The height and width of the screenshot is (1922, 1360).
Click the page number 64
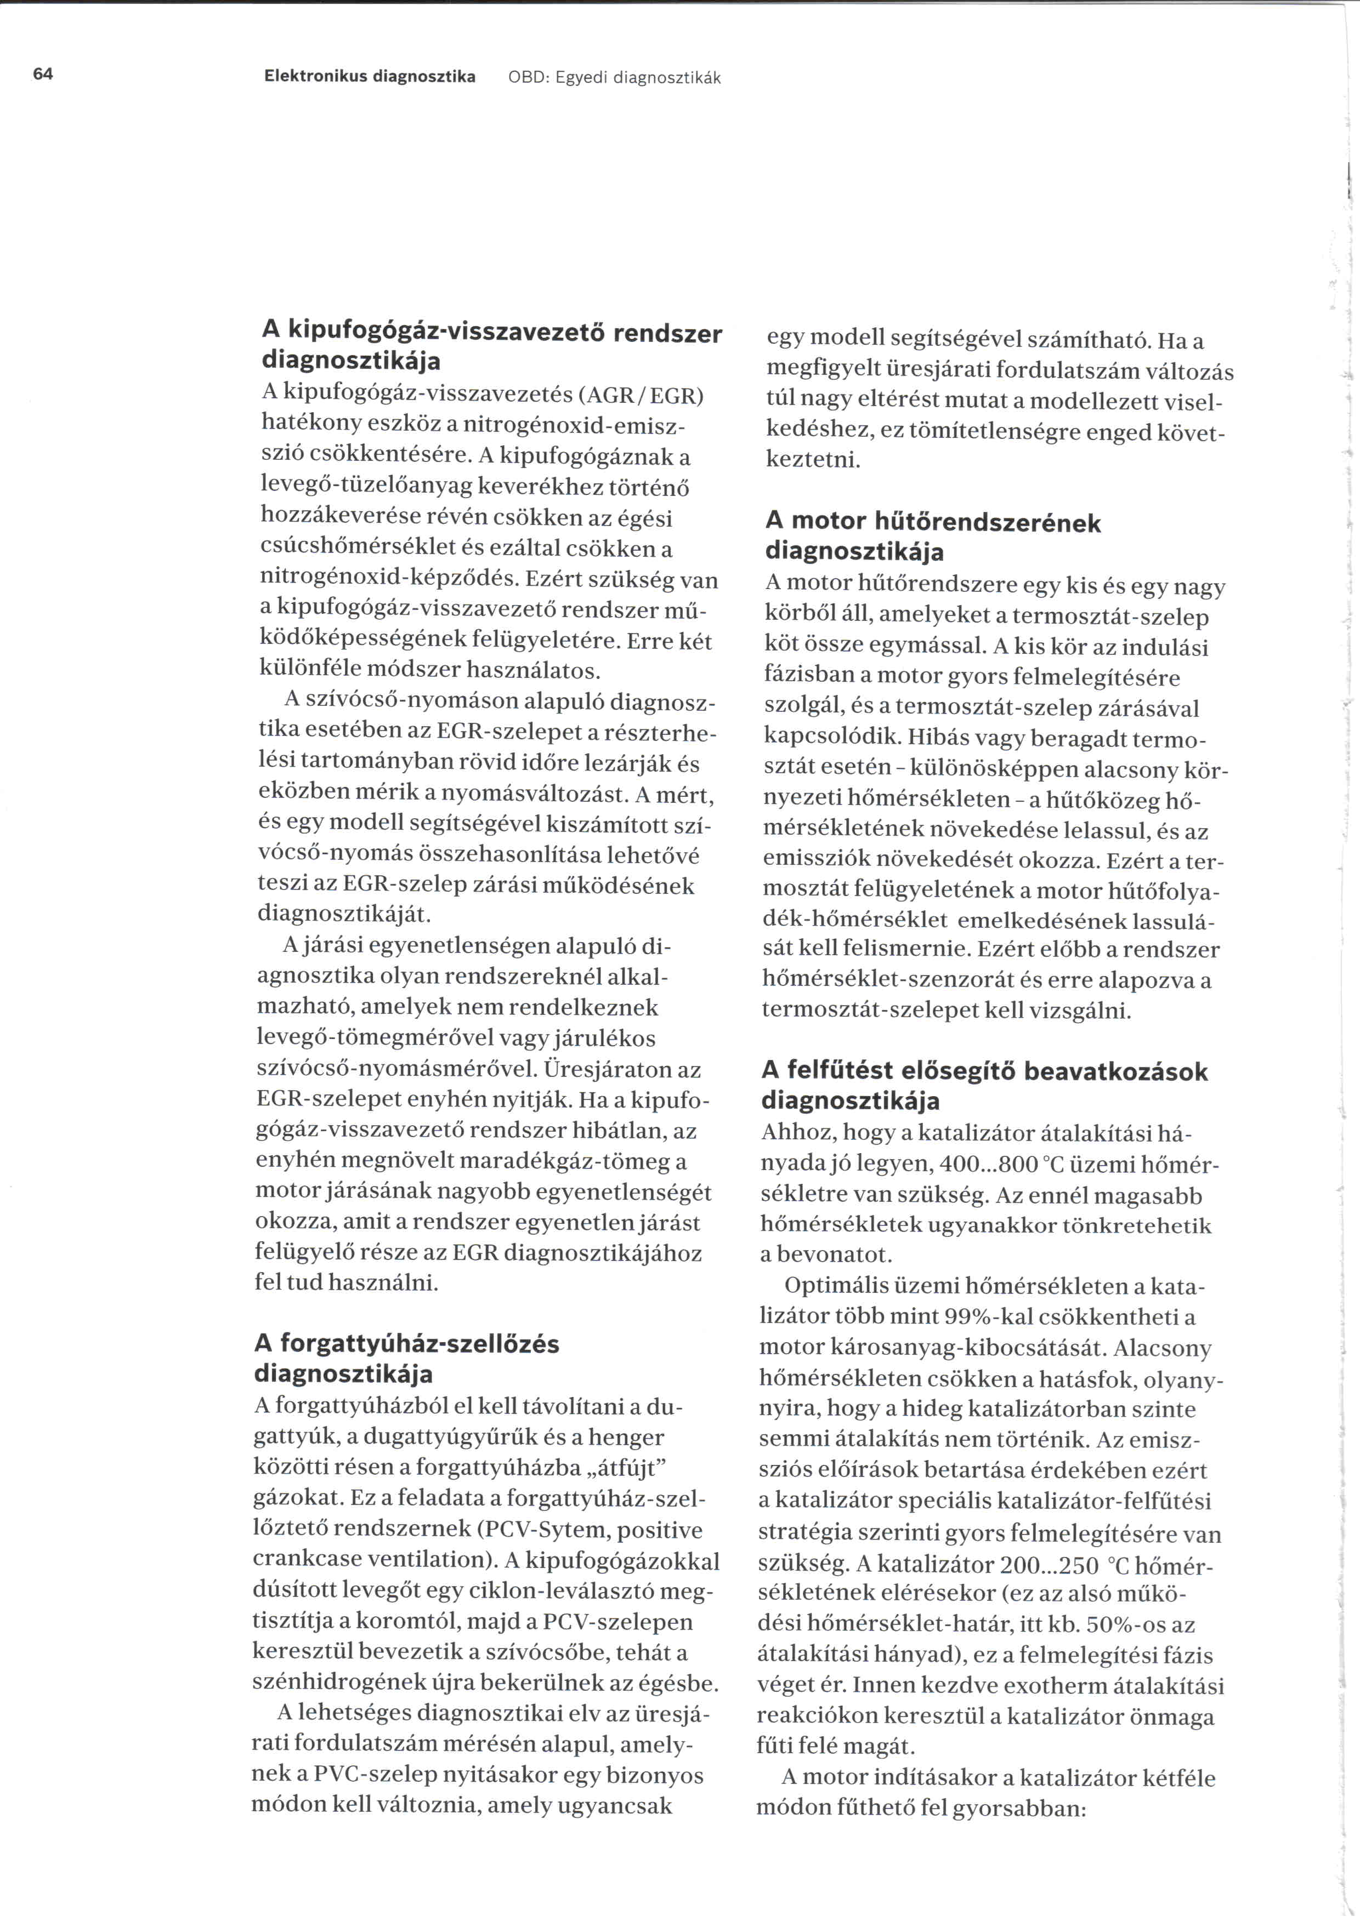(x=43, y=75)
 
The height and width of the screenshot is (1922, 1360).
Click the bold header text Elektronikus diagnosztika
(x=369, y=77)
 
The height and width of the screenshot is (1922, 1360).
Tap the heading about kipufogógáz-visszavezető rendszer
(x=491, y=346)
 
